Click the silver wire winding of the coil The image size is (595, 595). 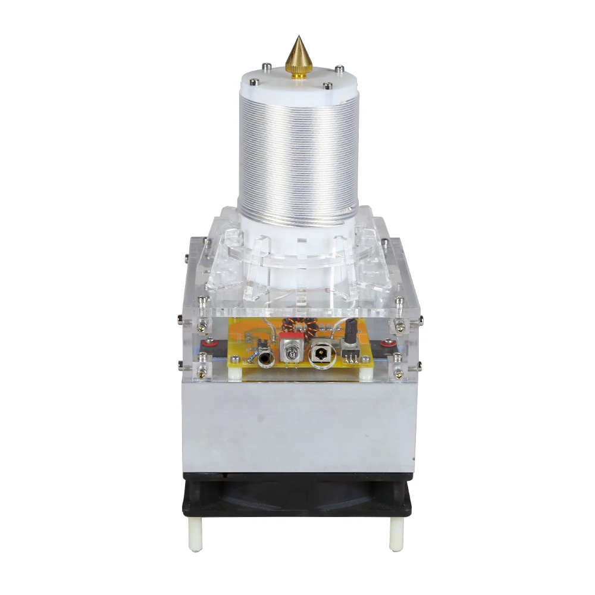297,155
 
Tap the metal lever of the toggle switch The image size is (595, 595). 292,356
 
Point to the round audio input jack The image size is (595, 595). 265,359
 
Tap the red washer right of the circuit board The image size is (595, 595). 387,343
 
